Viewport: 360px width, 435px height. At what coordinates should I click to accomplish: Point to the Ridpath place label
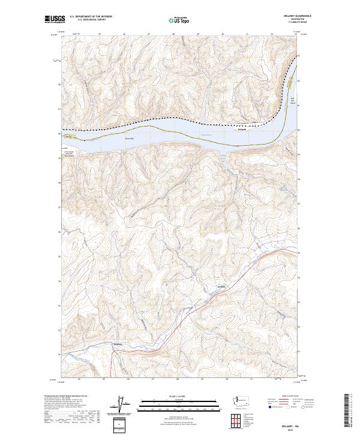(242, 128)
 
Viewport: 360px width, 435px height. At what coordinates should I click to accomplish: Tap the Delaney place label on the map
(118, 344)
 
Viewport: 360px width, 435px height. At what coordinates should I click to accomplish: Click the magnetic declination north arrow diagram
(121, 406)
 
